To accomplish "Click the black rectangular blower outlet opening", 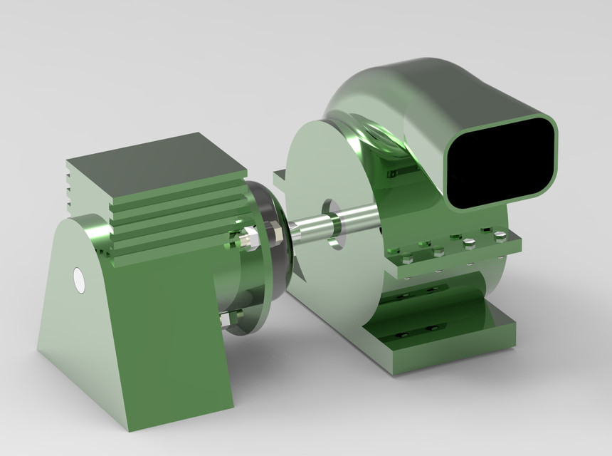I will [500, 162].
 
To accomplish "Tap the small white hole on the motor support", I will [79, 280].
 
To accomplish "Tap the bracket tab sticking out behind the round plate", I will [280, 176].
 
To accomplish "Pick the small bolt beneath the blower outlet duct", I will [391, 173].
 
